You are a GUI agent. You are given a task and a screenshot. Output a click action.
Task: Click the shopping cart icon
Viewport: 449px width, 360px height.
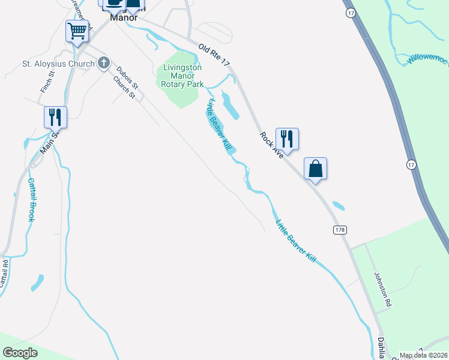pos(77,30)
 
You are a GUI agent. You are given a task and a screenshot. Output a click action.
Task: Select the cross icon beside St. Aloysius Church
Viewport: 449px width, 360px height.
pos(103,62)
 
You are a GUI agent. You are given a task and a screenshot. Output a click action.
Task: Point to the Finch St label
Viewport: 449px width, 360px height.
pos(47,82)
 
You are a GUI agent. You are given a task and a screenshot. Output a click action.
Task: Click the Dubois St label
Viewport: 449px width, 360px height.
pos(127,77)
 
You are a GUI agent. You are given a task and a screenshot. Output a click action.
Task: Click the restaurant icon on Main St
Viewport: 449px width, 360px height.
pos(55,116)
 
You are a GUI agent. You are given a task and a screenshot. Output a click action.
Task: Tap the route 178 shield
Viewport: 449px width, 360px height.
pos(340,230)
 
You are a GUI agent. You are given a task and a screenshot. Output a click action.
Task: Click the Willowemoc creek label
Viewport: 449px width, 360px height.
pos(427,59)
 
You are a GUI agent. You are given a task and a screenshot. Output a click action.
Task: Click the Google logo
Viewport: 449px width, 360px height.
pos(20,353)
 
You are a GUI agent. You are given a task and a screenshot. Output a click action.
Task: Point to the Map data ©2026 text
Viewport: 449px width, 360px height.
pos(424,355)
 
